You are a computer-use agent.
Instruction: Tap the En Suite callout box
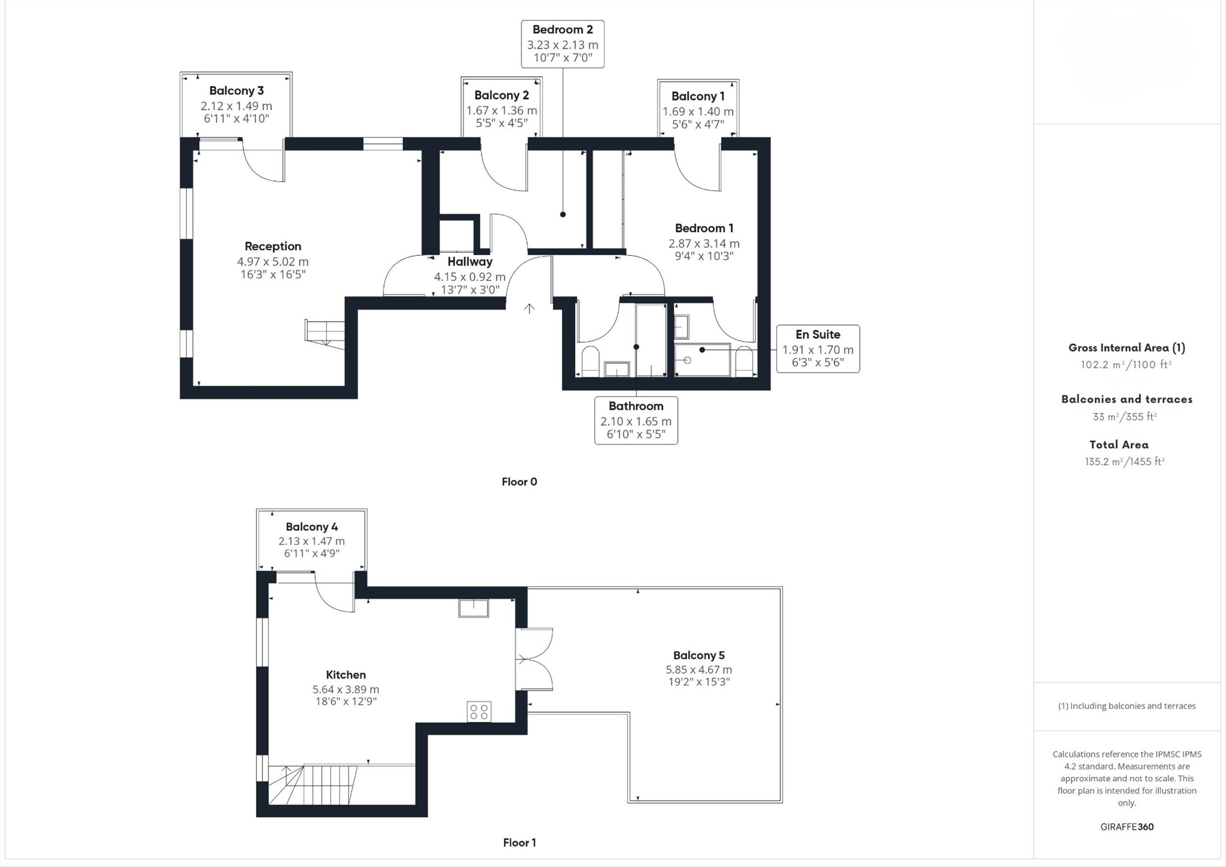[x=818, y=349]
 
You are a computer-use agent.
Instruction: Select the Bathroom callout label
[x=636, y=421]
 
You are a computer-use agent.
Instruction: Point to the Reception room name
[x=273, y=246]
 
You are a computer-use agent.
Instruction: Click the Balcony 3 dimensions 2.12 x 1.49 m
[x=237, y=106]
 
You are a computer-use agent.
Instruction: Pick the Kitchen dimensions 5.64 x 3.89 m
[x=346, y=689]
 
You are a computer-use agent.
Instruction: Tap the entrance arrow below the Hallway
[x=529, y=308]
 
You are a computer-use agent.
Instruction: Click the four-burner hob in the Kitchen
[x=479, y=711]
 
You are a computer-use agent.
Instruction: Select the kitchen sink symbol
[x=474, y=608]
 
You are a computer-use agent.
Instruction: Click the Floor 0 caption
[x=520, y=482]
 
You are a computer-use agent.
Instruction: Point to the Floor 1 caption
[x=520, y=843]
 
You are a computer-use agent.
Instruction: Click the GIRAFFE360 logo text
[x=1127, y=826]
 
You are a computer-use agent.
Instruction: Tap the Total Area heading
[x=1119, y=445]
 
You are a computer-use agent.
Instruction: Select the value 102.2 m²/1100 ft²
[x=1126, y=365]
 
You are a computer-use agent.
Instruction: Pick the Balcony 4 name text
[x=312, y=527]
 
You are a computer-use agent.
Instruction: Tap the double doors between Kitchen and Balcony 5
[x=534, y=659]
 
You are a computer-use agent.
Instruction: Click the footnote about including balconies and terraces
[x=1127, y=706]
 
